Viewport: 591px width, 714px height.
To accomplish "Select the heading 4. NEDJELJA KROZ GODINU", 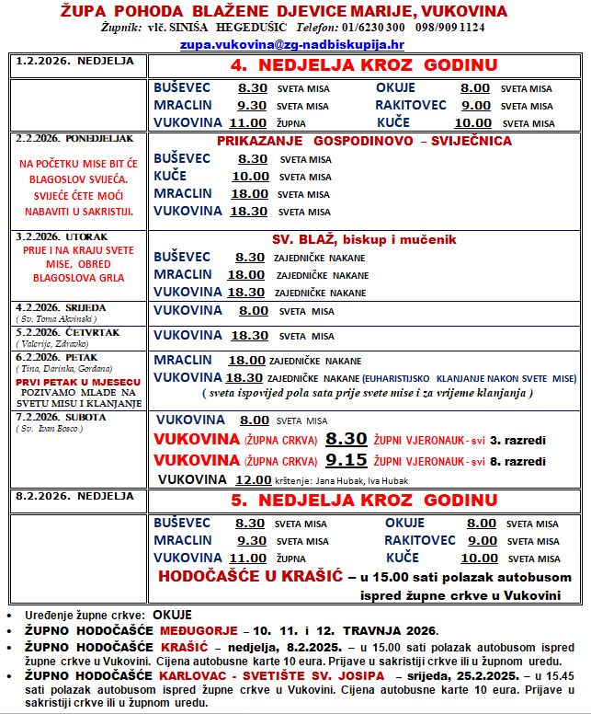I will [x=364, y=65].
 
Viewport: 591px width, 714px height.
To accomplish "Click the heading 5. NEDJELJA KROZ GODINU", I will [x=364, y=501].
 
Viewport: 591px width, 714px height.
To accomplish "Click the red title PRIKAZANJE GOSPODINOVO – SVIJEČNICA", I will [x=365, y=142].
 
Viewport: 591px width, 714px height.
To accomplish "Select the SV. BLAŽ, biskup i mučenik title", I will [x=364, y=239].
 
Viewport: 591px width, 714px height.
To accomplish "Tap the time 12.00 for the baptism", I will [x=253, y=479].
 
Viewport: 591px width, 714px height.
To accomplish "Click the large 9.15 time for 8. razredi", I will [x=346, y=459].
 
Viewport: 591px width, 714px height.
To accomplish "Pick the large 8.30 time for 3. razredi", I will [x=346, y=439].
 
